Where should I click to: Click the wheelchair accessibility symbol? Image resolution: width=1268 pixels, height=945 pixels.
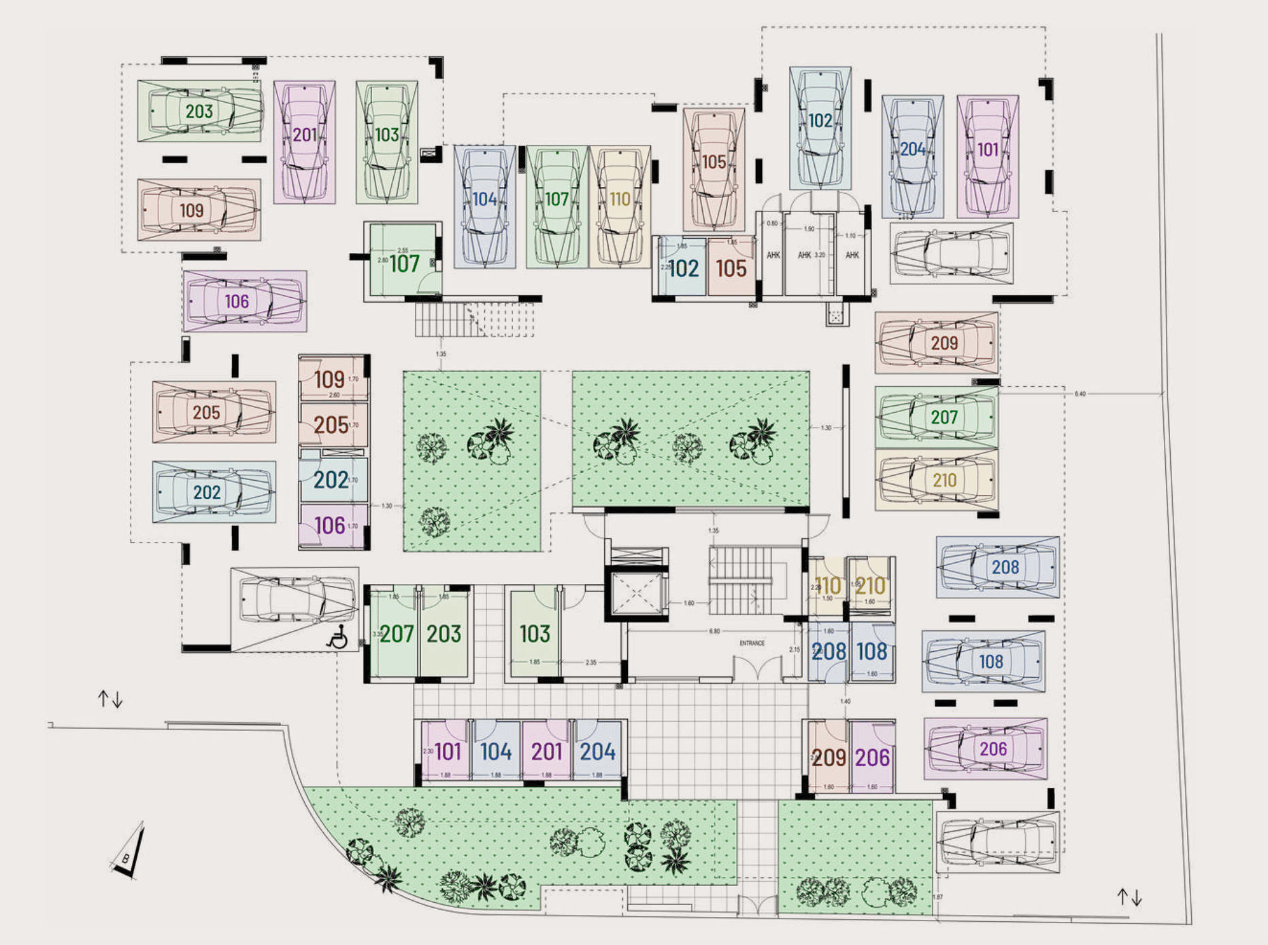(337, 637)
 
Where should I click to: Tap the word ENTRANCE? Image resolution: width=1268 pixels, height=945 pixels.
(752, 643)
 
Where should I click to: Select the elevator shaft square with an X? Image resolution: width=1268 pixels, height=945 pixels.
(637, 594)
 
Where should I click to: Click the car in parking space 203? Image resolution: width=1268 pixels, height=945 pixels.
(199, 111)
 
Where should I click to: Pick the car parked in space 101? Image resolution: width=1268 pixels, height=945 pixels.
(988, 156)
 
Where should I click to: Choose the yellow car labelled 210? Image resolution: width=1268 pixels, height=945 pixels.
(937, 480)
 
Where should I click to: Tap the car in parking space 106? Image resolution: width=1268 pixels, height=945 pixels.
(245, 301)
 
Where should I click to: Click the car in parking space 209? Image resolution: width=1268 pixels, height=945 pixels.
(937, 343)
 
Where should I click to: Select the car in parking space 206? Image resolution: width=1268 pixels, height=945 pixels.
(986, 749)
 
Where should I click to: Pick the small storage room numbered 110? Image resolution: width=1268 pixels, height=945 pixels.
(827, 585)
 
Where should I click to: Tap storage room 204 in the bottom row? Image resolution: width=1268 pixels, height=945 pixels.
(597, 751)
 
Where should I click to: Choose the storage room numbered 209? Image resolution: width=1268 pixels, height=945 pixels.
(828, 757)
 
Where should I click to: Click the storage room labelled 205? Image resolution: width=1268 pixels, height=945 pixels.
(333, 425)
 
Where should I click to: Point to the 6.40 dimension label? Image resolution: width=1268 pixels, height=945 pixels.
(1080, 394)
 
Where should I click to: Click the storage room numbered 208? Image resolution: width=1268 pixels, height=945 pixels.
(828, 652)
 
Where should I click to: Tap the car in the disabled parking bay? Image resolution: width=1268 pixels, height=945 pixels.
(295, 600)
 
